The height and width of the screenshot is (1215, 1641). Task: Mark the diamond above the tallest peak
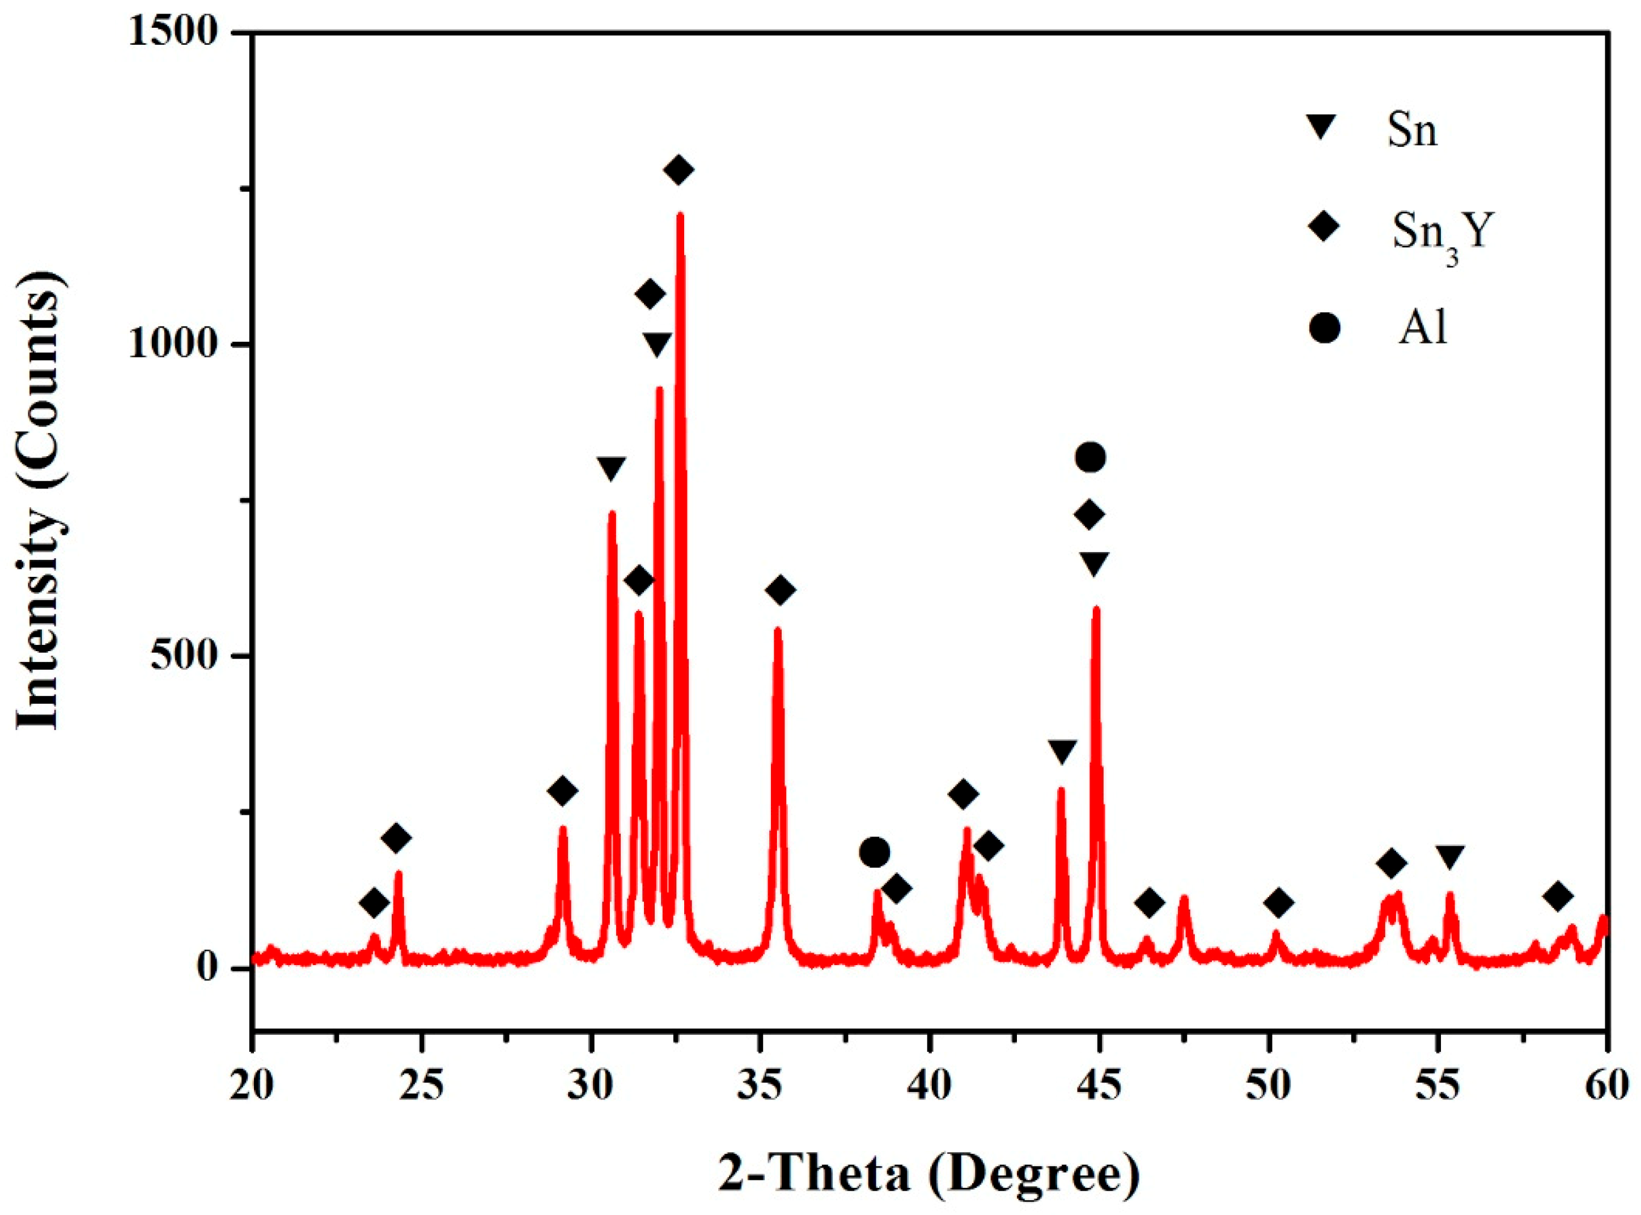coord(678,170)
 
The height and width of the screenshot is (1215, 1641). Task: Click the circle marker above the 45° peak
coord(1090,457)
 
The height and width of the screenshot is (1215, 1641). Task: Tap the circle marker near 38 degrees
coord(875,852)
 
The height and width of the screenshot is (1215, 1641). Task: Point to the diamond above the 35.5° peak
coord(781,590)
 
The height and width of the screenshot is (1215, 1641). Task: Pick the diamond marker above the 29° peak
coord(563,791)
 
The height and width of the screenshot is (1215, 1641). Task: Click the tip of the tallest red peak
coord(680,215)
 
